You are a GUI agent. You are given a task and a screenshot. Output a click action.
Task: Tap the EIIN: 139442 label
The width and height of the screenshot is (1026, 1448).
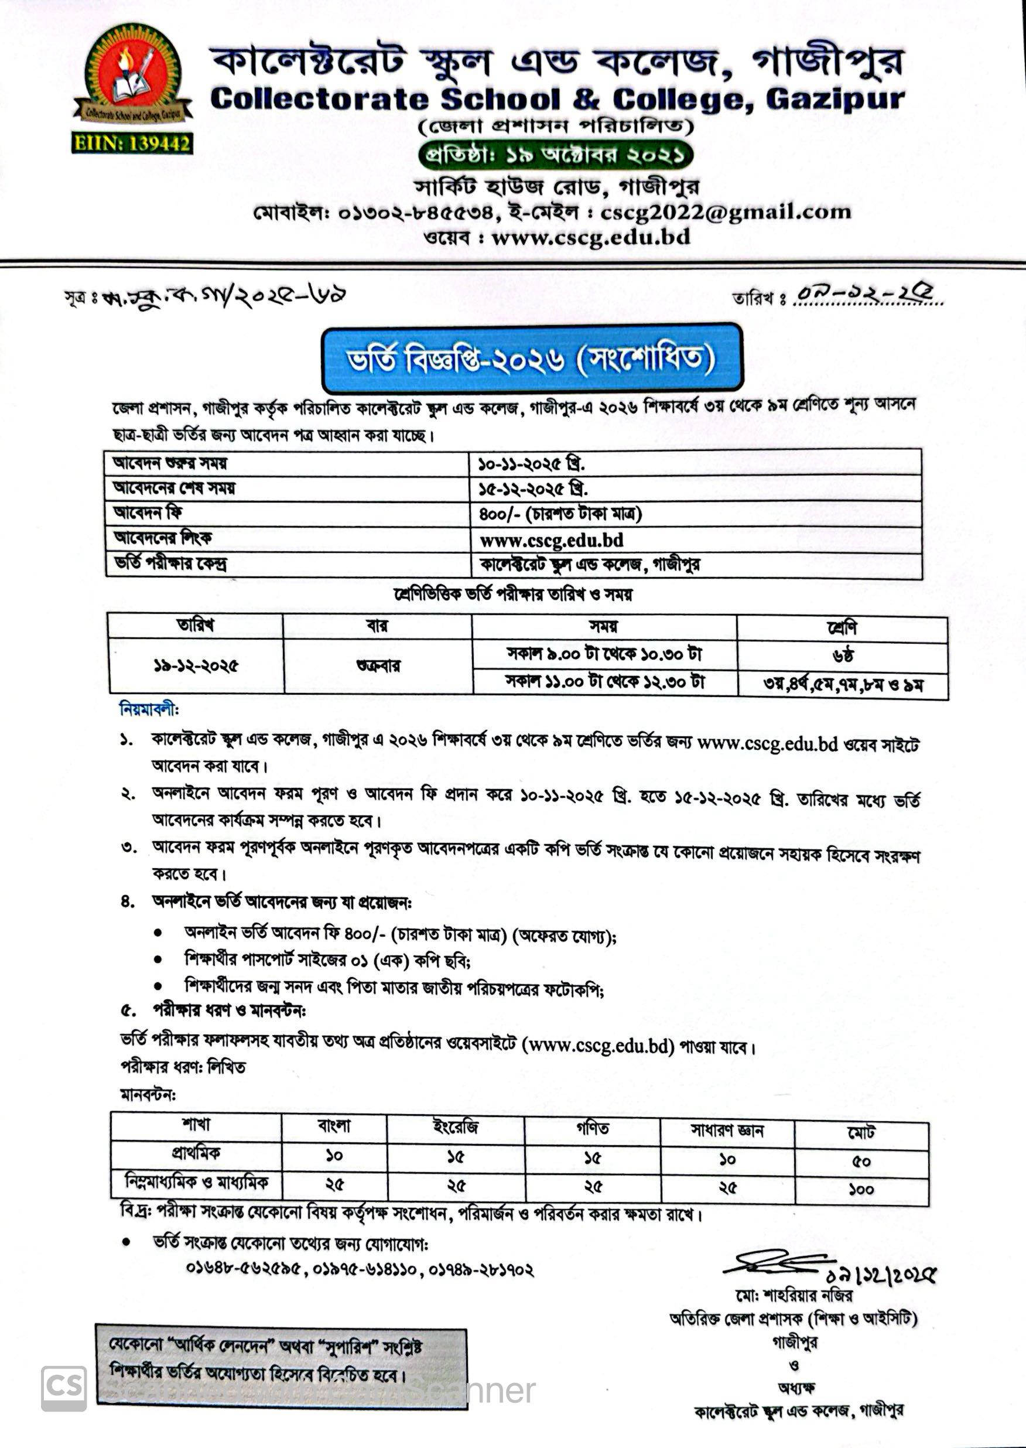click(132, 144)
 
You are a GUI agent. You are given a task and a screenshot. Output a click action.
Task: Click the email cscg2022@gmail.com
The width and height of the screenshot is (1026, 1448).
click(726, 211)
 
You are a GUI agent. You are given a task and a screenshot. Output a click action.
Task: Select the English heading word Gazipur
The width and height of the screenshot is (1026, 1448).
click(835, 100)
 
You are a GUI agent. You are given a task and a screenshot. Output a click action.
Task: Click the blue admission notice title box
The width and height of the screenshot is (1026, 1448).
click(531, 358)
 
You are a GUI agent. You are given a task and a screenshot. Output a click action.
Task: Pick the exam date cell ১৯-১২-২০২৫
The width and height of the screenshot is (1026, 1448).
click(196, 666)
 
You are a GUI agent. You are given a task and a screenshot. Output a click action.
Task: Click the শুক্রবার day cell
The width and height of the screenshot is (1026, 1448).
click(377, 666)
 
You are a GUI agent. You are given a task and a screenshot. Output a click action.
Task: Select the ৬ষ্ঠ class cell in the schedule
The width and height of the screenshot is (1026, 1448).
click(843, 656)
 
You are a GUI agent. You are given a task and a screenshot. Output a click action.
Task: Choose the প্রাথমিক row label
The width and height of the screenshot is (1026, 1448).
click(196, 1153)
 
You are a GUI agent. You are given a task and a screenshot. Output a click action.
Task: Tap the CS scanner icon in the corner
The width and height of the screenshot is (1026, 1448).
click(64, 1387)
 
